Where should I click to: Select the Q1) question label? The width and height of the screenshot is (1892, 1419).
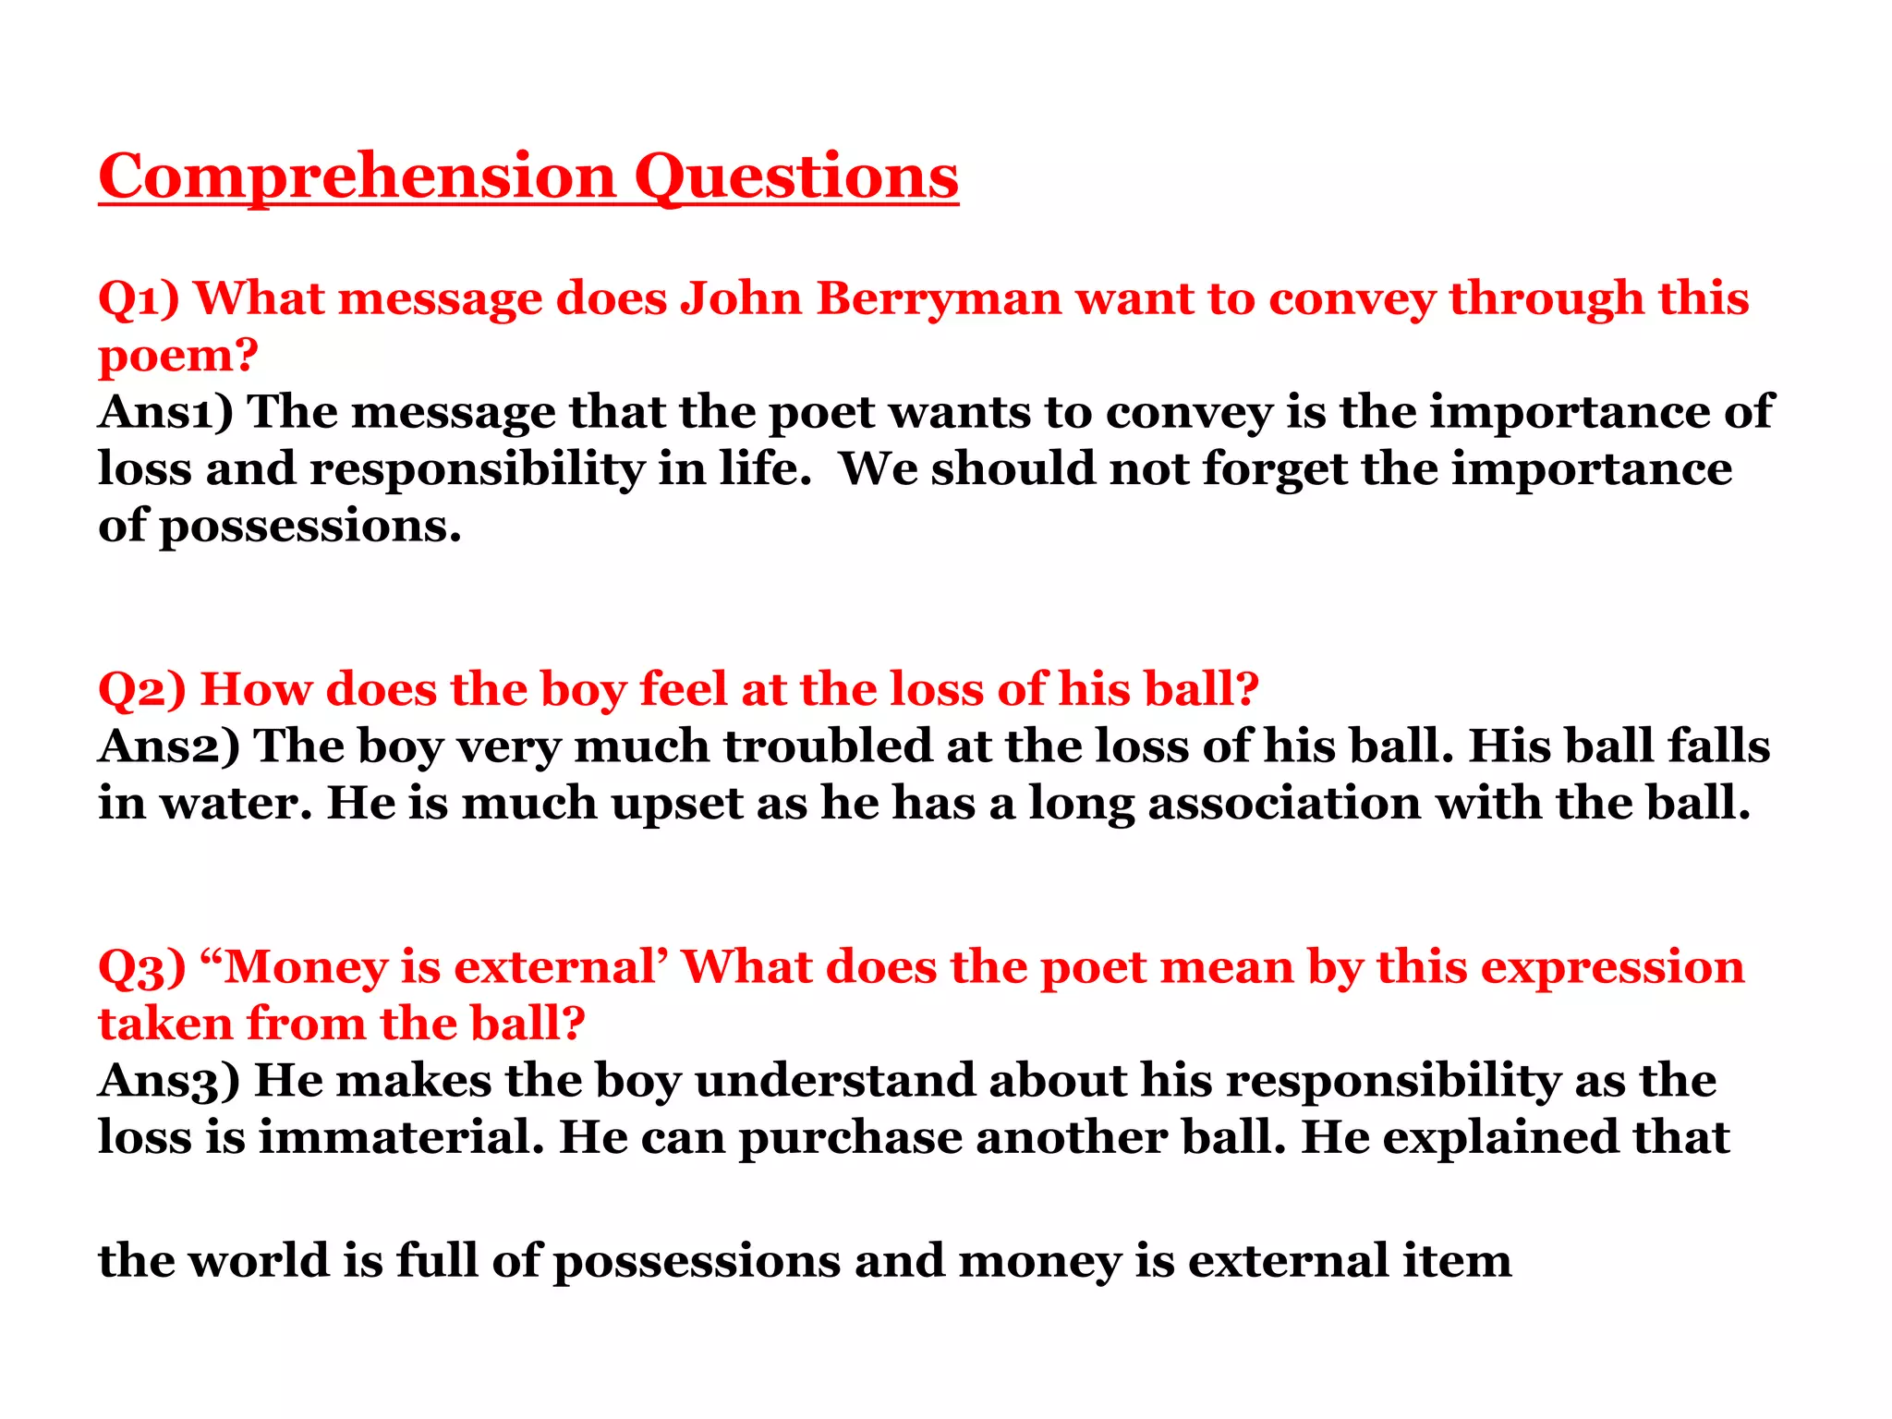point(139,299)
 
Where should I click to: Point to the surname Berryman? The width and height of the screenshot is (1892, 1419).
point(939,299)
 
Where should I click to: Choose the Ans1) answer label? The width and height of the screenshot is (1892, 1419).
point(166,412)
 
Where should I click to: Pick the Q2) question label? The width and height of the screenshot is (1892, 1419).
point(142,690)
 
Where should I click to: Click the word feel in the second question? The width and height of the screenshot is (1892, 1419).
point(683,689)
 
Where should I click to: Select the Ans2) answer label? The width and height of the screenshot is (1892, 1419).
point(169,746)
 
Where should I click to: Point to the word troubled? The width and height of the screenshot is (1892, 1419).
point(828,746)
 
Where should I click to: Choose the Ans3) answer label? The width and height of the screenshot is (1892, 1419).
point(169,1081)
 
